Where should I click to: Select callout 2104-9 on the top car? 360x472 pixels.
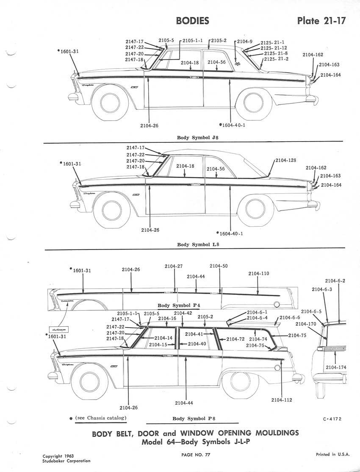[x=244, y=42]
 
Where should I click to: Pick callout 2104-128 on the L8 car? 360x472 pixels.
[x=286, y=160]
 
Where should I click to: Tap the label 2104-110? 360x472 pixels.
[x=258, y=274]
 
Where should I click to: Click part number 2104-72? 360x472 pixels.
[x=235, y=339]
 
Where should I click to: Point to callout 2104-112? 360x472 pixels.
[x=282, y=400]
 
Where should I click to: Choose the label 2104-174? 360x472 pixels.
[x=336, y=367]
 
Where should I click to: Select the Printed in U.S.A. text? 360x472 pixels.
[x=332, y=454]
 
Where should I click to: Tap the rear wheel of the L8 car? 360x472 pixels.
[x=252, y=211]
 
